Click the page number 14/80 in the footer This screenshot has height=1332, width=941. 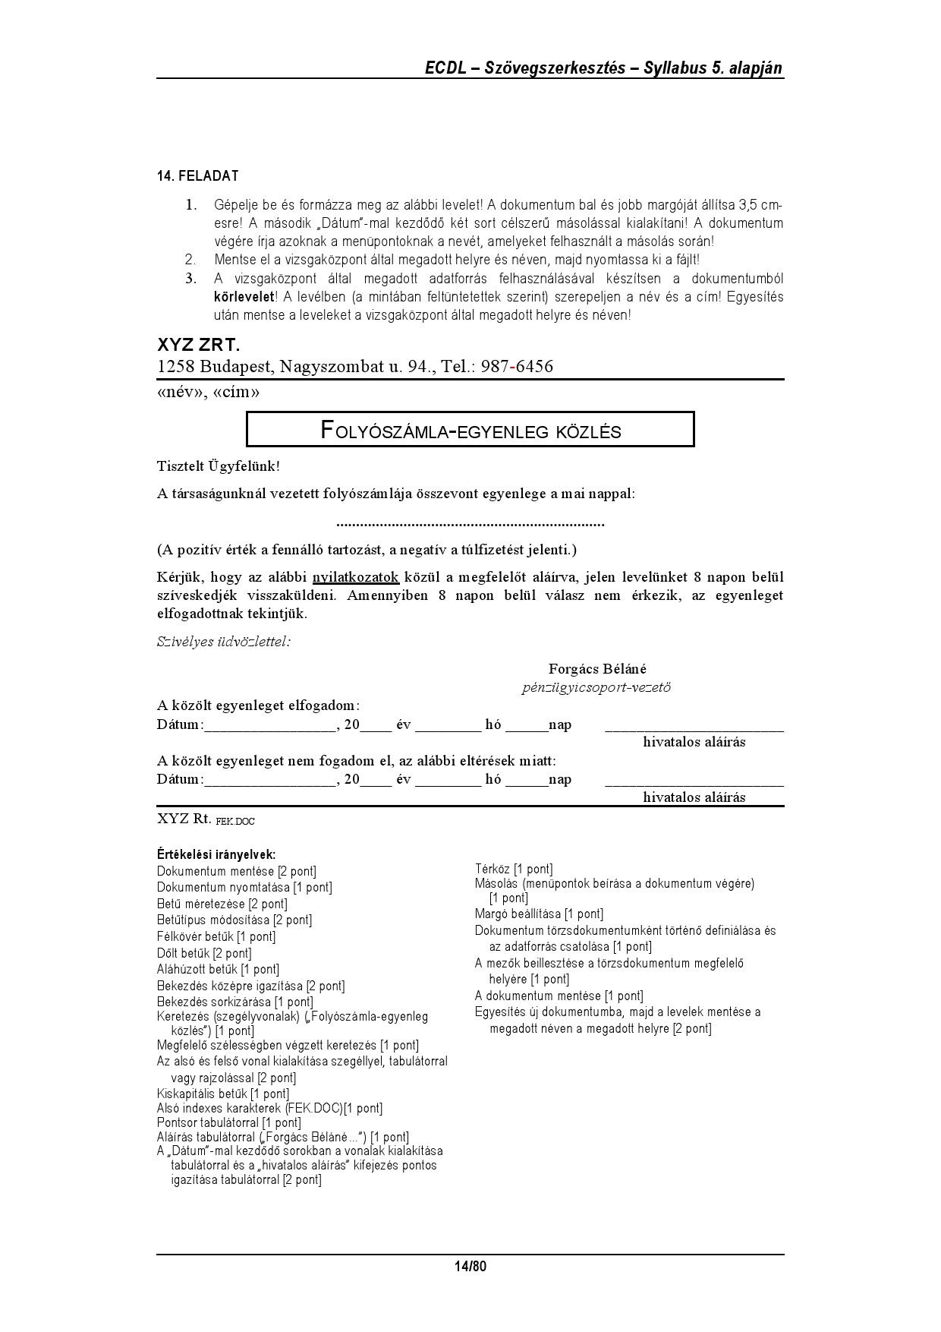[x=470, y=1266]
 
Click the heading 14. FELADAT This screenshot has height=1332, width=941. [x=197, y=176]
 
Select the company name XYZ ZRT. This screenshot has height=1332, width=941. [x=198, y=346]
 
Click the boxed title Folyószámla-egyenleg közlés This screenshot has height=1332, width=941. [x=470, y=431]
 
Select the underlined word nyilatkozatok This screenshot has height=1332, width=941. [x=355, y=577]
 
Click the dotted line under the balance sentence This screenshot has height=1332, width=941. [x=470, y=523]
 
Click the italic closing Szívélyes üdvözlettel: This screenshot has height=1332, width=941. [x=224, y=642]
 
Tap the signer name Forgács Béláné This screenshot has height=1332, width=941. [x=597, y=669]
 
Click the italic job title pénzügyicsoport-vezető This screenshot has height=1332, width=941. [x=596, y=688]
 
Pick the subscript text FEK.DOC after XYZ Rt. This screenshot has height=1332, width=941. [x=235, y=822]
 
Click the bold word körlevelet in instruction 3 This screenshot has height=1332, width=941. [x=243, y=297]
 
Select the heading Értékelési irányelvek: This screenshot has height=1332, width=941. [x=216, y=854]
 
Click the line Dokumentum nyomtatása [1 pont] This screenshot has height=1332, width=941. [x=244, y=887]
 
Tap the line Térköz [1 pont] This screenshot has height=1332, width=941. [x=514, y=869]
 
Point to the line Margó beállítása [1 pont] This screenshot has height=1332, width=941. [x=539, y=914]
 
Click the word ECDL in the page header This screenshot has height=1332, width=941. [x=445, y=68]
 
